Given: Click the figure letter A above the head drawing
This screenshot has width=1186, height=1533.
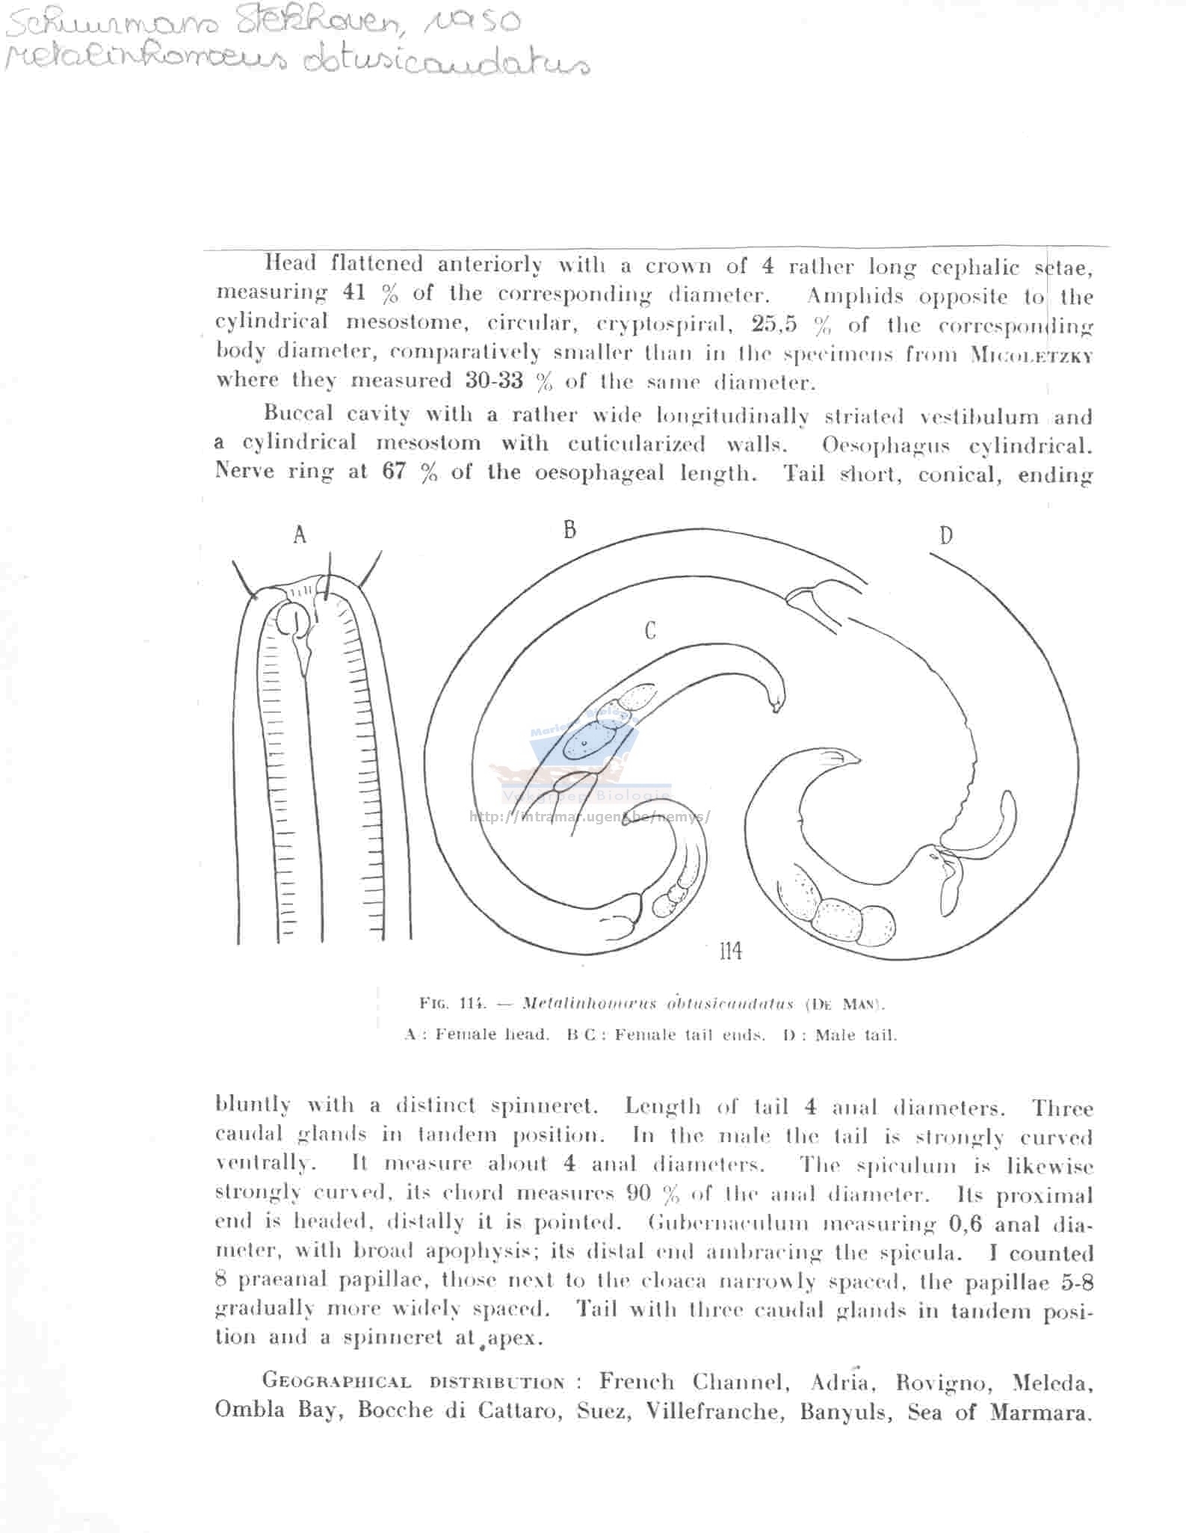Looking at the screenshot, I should point(300,534).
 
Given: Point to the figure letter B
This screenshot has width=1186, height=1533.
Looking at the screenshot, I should point(570,530).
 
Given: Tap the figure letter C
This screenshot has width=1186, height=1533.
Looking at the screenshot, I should point(650,632).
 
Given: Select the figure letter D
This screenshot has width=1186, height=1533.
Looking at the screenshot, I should point(946,536).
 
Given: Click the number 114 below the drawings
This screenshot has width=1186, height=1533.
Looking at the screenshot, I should point(730,951).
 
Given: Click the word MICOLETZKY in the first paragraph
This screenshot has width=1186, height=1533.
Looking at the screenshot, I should point(1031,355).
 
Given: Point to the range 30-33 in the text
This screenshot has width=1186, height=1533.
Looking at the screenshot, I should point(494,380).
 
